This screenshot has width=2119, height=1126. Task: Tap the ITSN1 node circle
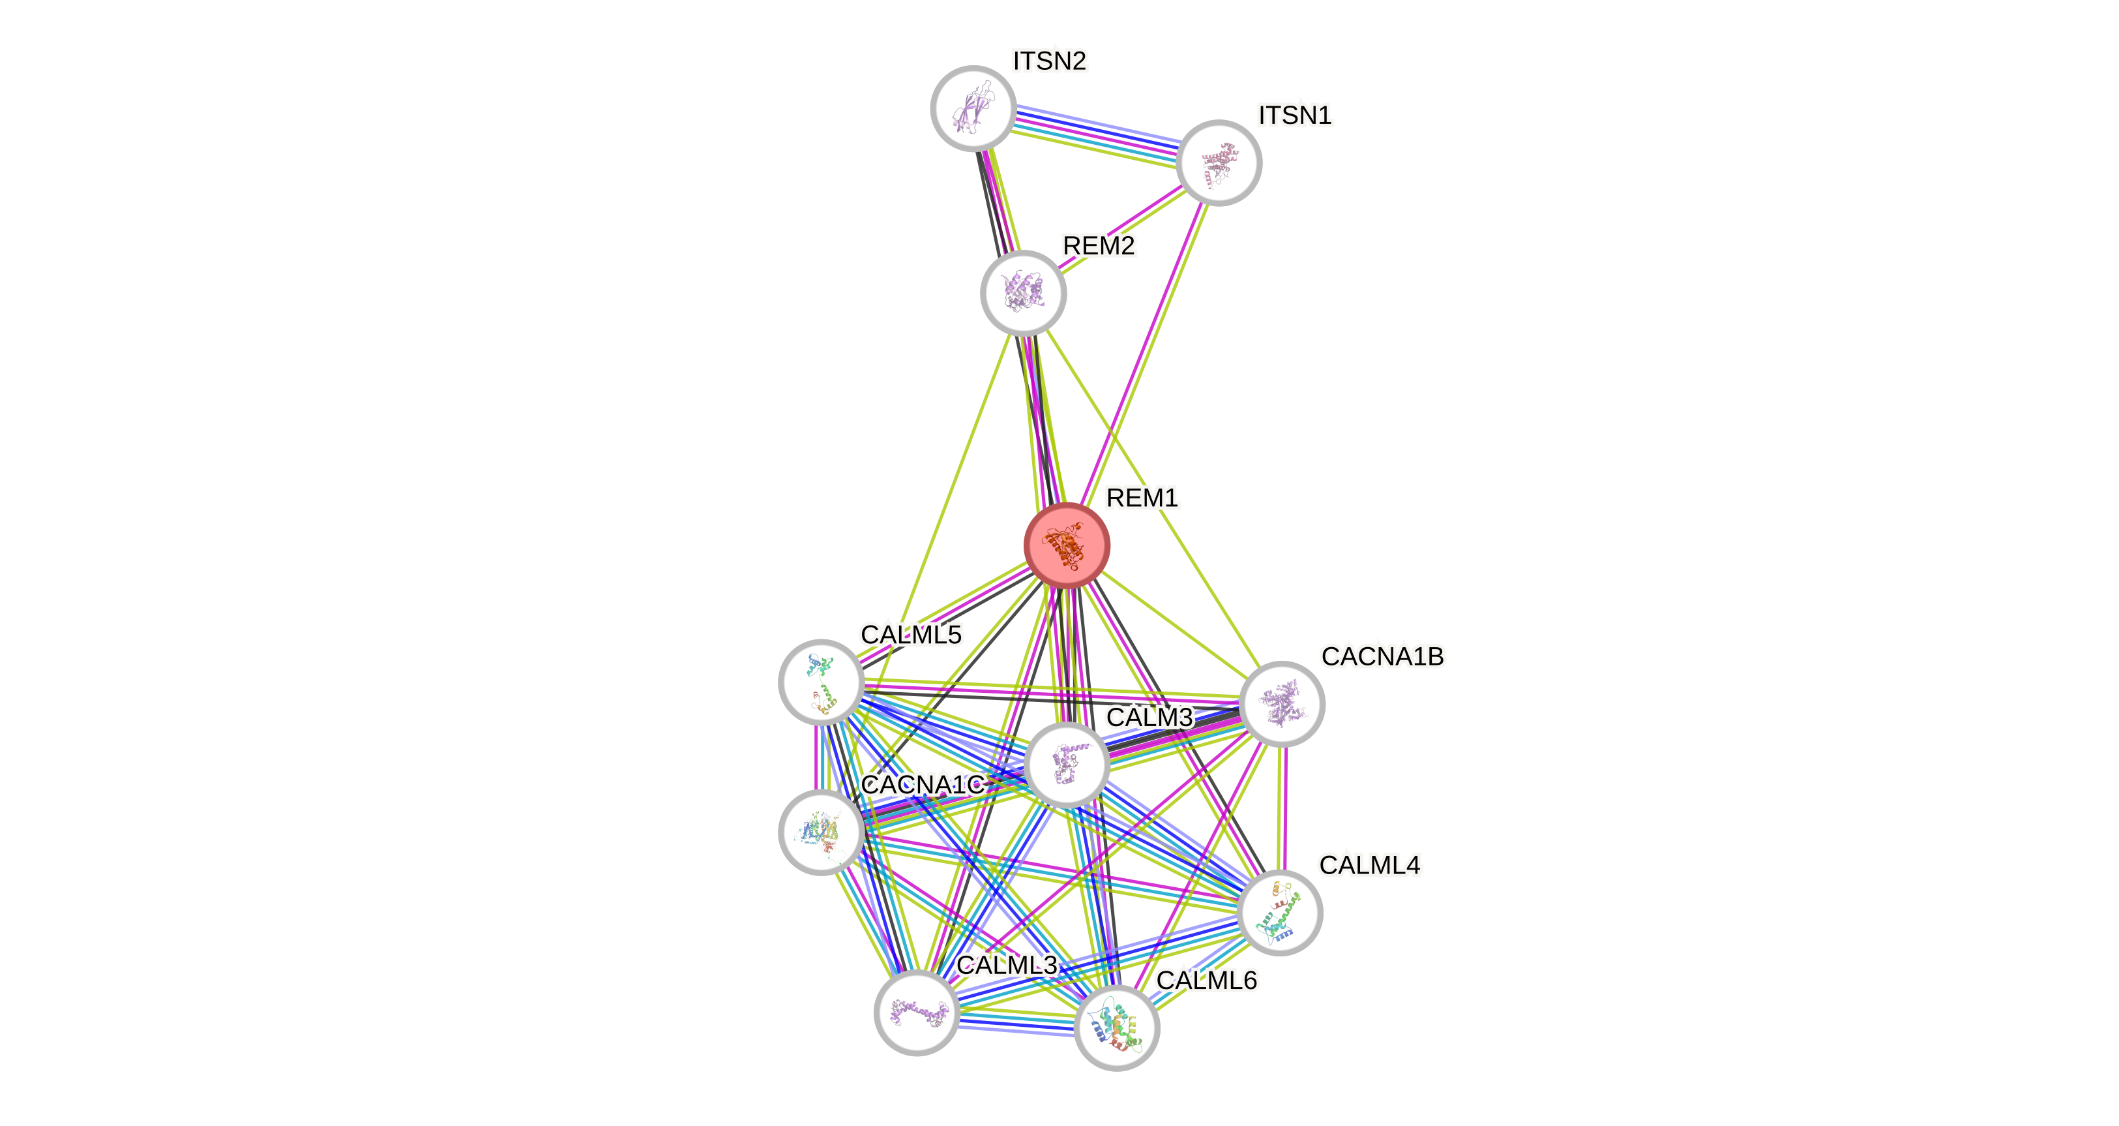(x=1218, y=162)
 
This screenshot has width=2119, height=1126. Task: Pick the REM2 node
(x=1023, y=293)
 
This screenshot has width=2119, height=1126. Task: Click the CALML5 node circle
(x=821, y=682)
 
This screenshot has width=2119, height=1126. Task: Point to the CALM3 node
(x=1067, y=765)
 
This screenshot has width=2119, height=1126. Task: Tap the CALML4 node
(x=1279, y=912)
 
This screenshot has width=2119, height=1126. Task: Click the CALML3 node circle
(x=916, y=1012)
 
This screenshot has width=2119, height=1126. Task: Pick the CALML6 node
(x=1116, y=1027)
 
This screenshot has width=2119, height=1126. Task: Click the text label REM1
(x=1142, y=497)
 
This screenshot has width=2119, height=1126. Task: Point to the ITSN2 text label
(x=1050, y=61)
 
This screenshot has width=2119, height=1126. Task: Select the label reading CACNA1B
(x=1382, y=656)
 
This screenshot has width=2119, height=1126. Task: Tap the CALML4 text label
(x=1370, y=864)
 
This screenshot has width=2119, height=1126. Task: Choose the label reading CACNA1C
(x=922, y=784)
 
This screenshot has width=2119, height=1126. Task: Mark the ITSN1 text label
(x=1295, y=115)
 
